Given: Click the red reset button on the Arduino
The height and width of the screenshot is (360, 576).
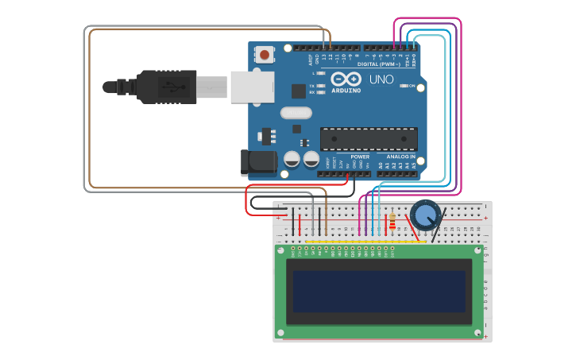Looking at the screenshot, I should point(263,55).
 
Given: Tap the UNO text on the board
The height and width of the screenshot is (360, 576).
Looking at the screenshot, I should point(381,79).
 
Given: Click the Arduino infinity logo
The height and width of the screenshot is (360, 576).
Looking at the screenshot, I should point(346,79).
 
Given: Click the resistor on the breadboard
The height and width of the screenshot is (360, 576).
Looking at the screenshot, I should point(392,222).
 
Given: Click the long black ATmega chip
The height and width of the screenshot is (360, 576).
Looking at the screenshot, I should point(369,138).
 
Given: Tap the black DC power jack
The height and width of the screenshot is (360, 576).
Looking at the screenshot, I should point(257,162).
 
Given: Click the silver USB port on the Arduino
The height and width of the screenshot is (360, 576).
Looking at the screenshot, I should point(252,87).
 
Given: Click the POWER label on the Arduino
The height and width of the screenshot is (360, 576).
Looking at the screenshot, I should point(360,157).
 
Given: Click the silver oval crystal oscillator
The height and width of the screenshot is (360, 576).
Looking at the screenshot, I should point(296,113).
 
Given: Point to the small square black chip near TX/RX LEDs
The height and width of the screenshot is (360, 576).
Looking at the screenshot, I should point(299,91).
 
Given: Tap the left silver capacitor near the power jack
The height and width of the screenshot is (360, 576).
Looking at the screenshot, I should point(292,159).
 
